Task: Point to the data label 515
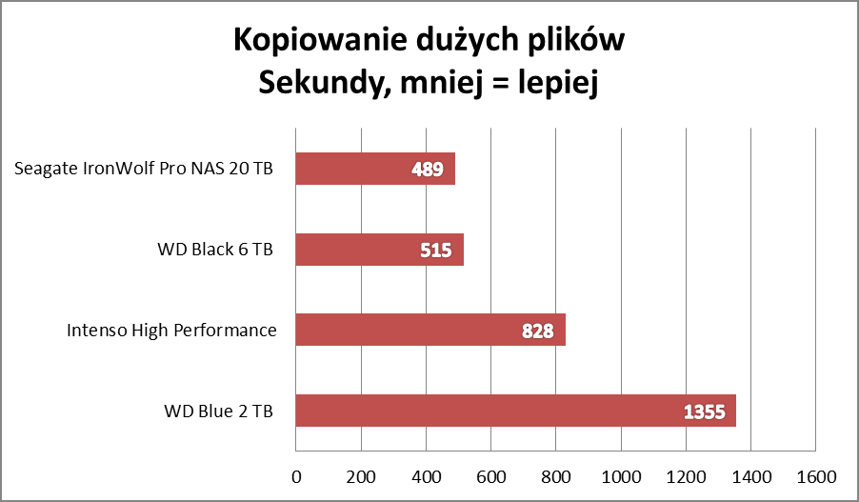[x=436, y=250]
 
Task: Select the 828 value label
[x=538, y=331]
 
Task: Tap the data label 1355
[x=705, y=412]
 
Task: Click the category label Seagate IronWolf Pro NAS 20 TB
[x=144, y=170]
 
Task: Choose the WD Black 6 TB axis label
[x=215, y=250]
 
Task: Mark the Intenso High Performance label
[x=171, y=331]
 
